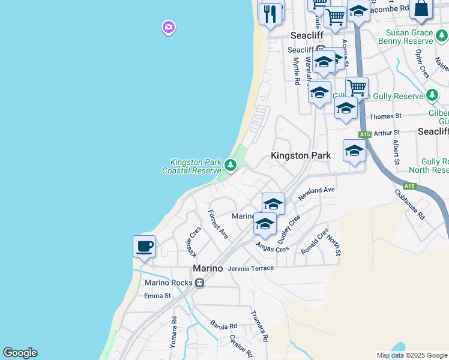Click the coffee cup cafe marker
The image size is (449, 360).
coord(144,247)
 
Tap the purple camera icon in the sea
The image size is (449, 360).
coord(168,27)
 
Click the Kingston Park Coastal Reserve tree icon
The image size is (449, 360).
coord(230,164)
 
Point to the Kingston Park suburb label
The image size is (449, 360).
coord(301,155)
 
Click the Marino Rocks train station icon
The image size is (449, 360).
coord(199,283)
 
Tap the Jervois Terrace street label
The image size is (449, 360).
coord(251,268)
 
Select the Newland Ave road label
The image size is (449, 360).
coord(316,193)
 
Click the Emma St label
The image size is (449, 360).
coord(158,296)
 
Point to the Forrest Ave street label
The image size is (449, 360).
coord(218,224)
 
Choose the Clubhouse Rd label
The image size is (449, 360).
coord(409,205)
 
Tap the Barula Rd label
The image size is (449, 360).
coord(223,326)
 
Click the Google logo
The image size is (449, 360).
coord(20,353)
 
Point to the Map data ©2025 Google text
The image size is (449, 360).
coord(412,355)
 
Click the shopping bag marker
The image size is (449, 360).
coord(421,9)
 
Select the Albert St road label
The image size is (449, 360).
coord(396,152)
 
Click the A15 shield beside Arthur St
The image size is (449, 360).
coord(364,134)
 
